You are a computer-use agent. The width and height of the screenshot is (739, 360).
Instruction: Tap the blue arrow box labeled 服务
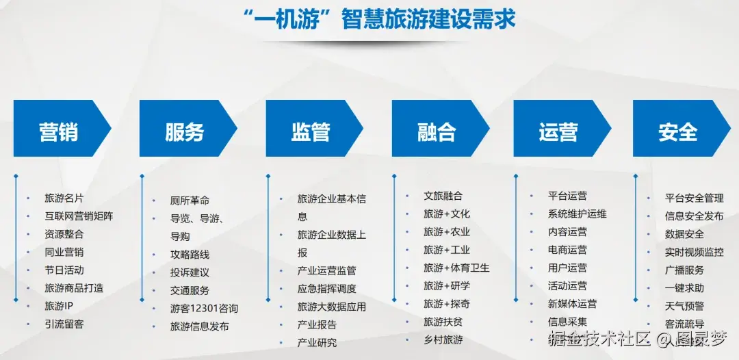(185, 131)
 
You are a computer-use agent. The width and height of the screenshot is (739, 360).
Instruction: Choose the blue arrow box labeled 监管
(311, 131)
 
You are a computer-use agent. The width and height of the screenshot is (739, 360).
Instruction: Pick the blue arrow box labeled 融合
(437, 131)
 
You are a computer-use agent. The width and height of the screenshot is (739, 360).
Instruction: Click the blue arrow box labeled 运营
(558, 131)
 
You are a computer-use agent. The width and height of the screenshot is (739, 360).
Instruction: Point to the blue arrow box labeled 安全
(678, 131)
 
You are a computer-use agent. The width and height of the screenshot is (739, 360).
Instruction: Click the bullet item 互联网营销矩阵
(79, 216)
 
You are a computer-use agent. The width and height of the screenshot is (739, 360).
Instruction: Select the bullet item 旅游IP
(59, 306)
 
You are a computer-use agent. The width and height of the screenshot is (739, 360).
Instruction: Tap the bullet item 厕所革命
(190, 201)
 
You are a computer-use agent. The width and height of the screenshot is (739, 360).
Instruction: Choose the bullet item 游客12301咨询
(204, 309)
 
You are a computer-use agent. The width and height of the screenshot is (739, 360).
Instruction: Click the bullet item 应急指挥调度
(326, 289)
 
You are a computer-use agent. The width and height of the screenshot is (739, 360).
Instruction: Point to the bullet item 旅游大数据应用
(331, 307)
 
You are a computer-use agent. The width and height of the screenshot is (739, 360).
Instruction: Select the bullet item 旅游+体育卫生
(456, 268)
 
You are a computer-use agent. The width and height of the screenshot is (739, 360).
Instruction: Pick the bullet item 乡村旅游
(443, 339)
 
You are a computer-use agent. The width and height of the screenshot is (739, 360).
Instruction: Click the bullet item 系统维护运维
(577, 214)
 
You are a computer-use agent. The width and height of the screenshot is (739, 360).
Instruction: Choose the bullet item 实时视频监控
(694, 252)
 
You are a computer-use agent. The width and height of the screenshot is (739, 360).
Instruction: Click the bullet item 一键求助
(684, 288)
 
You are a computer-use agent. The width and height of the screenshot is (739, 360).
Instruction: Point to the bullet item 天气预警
(684, 306)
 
